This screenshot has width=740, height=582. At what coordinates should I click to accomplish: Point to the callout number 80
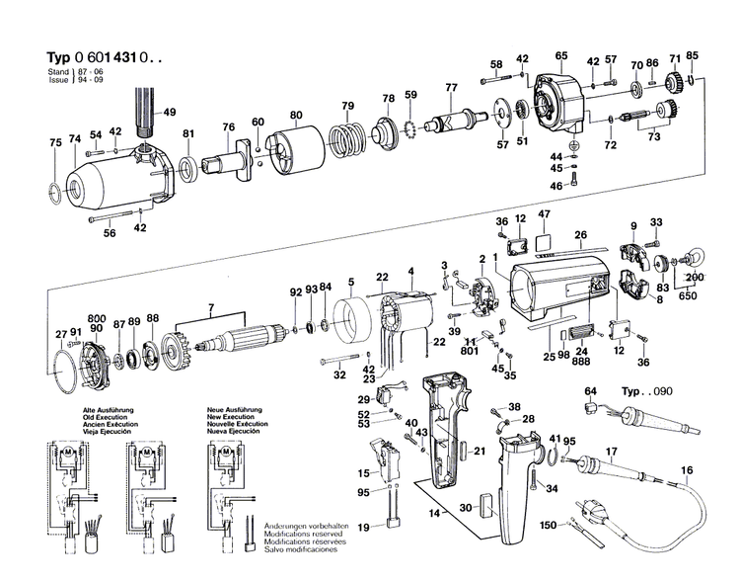[x=295, y=115]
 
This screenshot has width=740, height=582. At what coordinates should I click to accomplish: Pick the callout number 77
[x=451, y=88]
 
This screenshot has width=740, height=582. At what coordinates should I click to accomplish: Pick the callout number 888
[x=582, y=362]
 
